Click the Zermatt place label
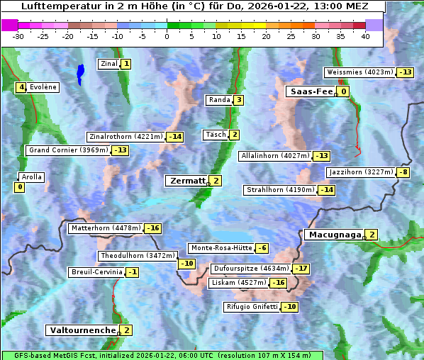(x=186, y=181)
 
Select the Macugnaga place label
(x=333, y=235)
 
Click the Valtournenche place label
(x=82, y=330)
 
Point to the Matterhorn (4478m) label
(x=105, y=228)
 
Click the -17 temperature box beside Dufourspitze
(x=301, y=269)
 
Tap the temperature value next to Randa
(x=239, y=101)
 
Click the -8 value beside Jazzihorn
(x=403, y=172)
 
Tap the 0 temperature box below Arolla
(x=19, y=187)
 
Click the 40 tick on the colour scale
(x=365, y=36)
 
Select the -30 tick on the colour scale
(x=18, y=36)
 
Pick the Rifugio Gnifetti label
(x=251, y=307)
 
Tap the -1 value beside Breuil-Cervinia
(x=132, y=272)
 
